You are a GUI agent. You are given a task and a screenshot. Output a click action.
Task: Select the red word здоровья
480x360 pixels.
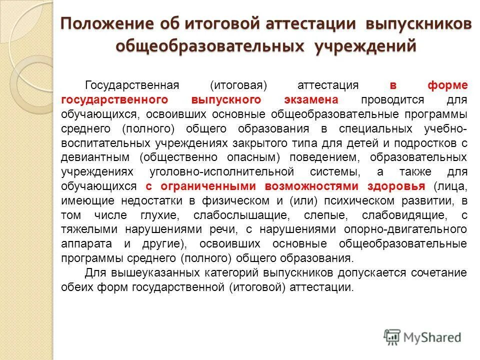point(396,186)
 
